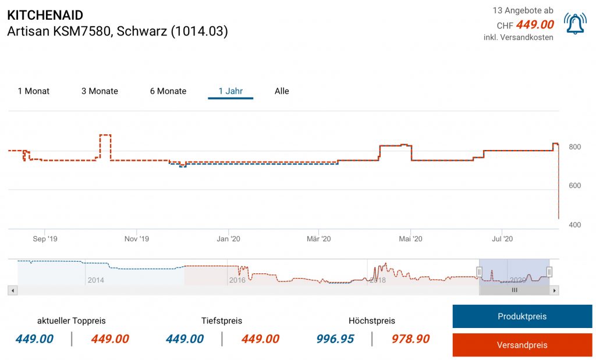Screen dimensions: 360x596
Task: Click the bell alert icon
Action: pyautogui.click(x=575, y=23)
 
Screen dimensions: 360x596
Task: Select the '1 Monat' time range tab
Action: pyautogui.click(x=34, y=91)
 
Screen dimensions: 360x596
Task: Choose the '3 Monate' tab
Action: pyautogui.click(x=100, y=91)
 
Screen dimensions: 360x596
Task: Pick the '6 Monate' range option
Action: pyautogui.click(x=168, y=91)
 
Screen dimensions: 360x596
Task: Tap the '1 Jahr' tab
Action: pyautogui.click(x=230, y=91)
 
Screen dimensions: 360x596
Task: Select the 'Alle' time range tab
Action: pyautogui.click(x=282, y=91)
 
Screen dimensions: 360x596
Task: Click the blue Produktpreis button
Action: pyautogui.click(x=522, y=316)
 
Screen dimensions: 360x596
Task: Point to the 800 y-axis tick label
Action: pyautogui.click(x=574, y=147)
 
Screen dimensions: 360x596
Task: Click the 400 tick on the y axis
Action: pyautogui.click(x=574, y=225)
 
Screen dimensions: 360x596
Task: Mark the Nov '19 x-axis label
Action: pyautogui.click(x=137, y=238)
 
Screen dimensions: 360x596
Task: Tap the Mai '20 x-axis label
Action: pyautogui.click(x=411, y=238)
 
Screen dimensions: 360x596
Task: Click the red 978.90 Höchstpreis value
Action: pyautogui.click(x=410, y=339)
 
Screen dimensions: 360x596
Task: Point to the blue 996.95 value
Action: pyautogui.click(x=335, y=339)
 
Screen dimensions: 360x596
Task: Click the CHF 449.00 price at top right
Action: pyautogui.click(x=525, y=25)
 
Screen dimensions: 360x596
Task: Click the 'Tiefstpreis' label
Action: pyautogui.click(x=222, y=321)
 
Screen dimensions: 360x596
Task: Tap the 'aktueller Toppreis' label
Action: pyautogui.click(x=72, y=321)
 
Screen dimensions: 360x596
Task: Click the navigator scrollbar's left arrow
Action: pyautogui.click(x=13, y=290)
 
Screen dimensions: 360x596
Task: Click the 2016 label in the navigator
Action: pyautogui.click(x=237, y=280)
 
